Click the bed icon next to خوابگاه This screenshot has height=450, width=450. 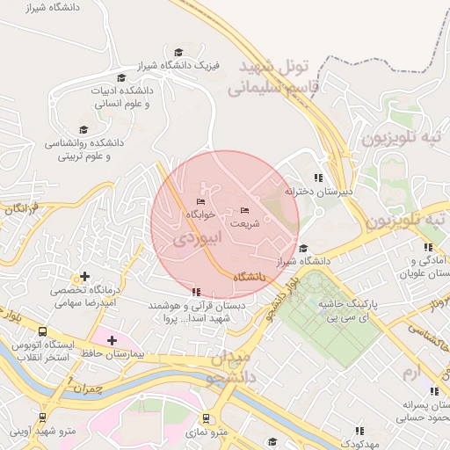(x=200, y=202)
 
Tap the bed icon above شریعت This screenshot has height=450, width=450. (x=244, y=210)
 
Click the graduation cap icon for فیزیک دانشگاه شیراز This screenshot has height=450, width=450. (x=179, y=53)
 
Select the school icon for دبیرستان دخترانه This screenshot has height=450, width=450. (x=318, y=178)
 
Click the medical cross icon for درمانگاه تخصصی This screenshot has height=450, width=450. (x=84, y=277)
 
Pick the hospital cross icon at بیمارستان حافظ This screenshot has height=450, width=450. (x=112, y=340)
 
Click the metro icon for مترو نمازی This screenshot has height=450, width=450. (x=207, y=419)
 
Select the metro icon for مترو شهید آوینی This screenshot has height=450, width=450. (x=42, y=418)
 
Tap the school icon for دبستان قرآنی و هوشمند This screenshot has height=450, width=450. (x=195, y=292)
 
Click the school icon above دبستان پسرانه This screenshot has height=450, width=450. (x=433, y=392)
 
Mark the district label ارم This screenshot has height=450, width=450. (x=407, y=374)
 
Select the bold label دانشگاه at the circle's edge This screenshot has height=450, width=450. (x=250, y=277)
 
